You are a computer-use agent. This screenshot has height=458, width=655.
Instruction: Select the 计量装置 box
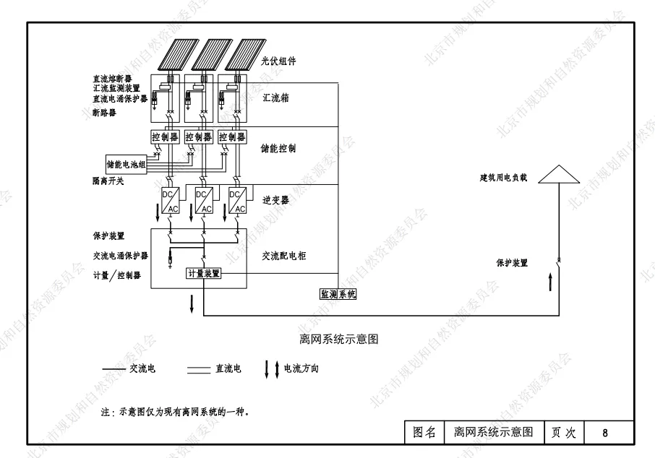pyautogui.click(x=204, y=274)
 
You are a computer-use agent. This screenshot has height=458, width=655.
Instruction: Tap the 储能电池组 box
pyautogui.click(x=127, y=164)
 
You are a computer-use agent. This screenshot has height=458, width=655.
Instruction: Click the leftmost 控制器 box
pyautogui.click(x=165, y=137)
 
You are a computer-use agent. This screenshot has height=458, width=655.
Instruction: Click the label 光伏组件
pyautogui.click(x=279, y=61)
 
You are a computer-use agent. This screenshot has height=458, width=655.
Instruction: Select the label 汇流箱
pyautogui.click(x=275, y=98)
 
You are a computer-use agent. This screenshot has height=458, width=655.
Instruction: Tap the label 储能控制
pyautogui.click(x=278, y=148)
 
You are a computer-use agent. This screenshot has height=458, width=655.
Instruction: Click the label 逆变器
pyautogui.click(x=275, y=200)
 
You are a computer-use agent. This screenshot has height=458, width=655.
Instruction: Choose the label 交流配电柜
pyautogui.click(x=284, y=255)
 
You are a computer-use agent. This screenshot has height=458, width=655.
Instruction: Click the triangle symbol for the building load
pyautogui.click(x=559, y=174)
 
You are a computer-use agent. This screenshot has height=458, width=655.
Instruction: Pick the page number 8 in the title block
pyautogui.click(x=606, y=433)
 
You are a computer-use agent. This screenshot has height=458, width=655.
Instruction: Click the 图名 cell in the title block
pyautogui.click(x=424, y=433)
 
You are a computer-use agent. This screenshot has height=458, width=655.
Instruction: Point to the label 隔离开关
pyautogui.click(x=108, y=181)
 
